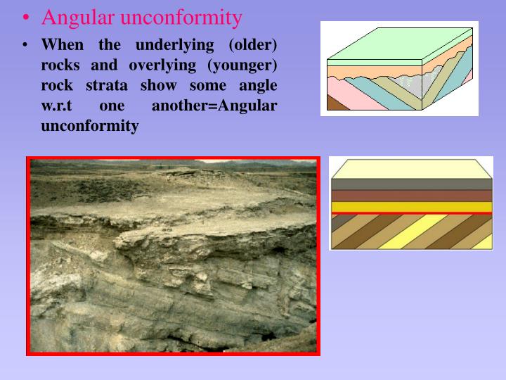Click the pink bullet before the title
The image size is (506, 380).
(25, 18)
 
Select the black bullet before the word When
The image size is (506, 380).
(25, 46)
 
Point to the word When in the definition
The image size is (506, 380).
(63, 45)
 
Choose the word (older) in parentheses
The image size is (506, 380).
(252, 45)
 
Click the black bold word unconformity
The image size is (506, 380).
(90, 127)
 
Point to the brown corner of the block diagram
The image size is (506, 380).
(335, 104)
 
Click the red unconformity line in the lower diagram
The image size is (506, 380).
(411, 213)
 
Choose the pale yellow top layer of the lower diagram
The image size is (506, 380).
(411, 169)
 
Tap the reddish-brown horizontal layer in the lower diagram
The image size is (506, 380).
(411, 196)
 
